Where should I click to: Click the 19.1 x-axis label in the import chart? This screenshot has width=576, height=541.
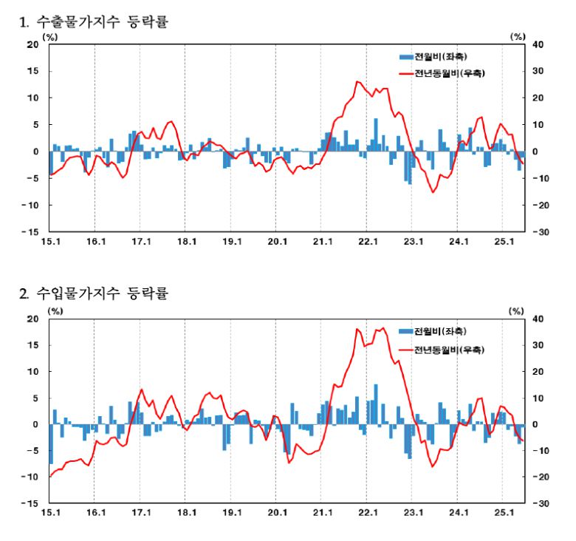[x=232, y=512]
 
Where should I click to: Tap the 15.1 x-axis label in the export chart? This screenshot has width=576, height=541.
[x=50, y=241]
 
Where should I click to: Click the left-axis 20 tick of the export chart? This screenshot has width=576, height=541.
[x=32, y=44]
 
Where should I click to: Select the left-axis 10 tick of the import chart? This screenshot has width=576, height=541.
[x=32, y=372]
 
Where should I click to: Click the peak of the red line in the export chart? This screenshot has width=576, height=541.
[x=358, y=81]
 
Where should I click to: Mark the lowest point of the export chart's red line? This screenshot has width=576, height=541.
[x=433, y=192]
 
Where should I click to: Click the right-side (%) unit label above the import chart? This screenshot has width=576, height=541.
[x=517, y=310]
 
